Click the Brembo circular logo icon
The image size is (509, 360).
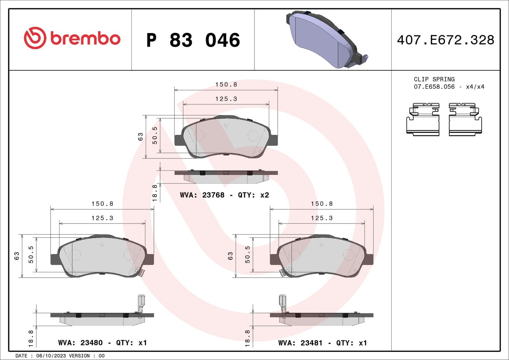click(35, 38)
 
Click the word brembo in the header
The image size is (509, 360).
click(85, 39)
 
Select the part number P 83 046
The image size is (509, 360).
click(193, 40)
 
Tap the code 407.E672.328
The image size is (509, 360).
click(445, 40)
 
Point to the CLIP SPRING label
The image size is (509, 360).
click(434, 79)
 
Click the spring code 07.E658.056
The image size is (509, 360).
click(434, 87)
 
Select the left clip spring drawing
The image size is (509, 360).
click(423, 119)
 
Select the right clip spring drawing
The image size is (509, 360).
click(465, 119)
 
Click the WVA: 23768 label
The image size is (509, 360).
click(202, 195)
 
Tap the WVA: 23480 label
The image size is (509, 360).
click(80, 343)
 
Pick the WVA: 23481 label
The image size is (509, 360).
click(300, 343)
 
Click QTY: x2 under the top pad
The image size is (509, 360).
click(254, 195)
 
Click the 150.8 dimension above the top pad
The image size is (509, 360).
click(226, 85)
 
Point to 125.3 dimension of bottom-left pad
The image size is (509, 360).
click(102, 218)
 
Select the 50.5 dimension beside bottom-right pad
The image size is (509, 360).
click(248, 254)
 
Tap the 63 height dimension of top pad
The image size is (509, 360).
click(140, 137)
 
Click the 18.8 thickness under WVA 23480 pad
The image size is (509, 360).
click(31, 338)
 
